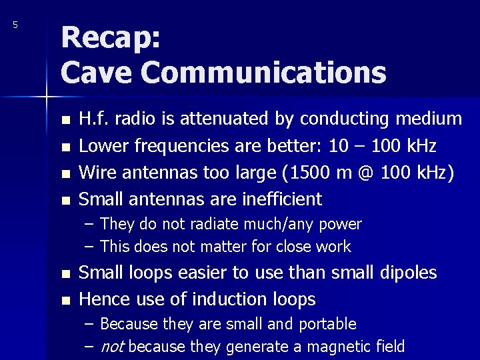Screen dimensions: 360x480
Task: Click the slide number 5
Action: click(x=15, y=25)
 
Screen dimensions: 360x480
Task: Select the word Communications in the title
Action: click(x=264, y=72)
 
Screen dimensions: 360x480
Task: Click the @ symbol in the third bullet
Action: click(x=367, y=173)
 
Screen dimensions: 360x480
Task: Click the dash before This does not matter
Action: click(x=89, y=247)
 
